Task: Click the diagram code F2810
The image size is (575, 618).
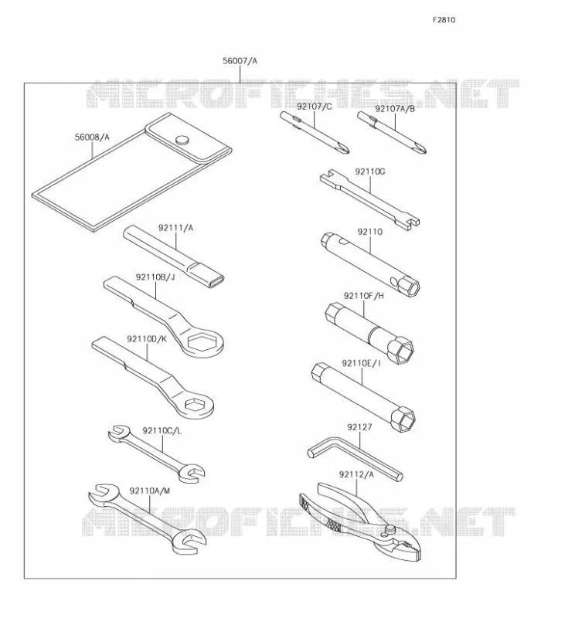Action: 444,20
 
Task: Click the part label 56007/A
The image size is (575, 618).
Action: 240,61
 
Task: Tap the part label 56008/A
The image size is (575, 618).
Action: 92,138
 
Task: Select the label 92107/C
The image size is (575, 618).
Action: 315,107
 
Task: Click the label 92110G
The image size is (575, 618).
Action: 370,171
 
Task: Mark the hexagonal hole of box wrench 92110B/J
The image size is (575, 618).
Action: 202,341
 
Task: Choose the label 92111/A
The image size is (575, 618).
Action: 176,228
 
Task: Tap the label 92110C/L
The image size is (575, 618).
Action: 162,431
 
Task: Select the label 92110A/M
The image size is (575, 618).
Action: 150,491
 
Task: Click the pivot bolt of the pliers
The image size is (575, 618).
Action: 390,529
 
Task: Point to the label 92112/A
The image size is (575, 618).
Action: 356,474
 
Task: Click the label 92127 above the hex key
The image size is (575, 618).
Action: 359,427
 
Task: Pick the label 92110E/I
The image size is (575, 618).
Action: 361,363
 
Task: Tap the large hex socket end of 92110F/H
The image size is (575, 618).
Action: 400,350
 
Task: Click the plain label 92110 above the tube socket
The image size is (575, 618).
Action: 370,232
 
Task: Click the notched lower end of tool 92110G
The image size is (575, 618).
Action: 411,224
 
